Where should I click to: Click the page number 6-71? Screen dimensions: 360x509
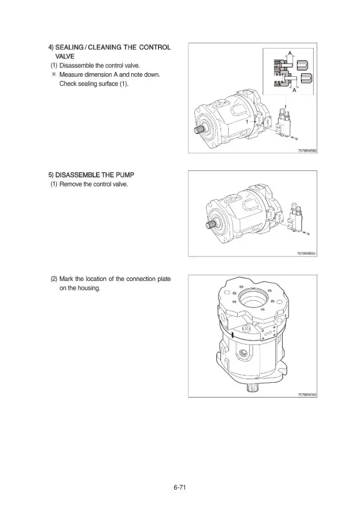point(179,487)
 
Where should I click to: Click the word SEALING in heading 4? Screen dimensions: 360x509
point(69,47)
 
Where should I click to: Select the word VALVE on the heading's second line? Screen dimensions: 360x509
point(65,56)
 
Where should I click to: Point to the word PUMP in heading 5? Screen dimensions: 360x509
point(125,175)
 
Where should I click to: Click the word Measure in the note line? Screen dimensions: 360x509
point(70,75)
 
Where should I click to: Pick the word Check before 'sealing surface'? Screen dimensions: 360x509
point(68,84)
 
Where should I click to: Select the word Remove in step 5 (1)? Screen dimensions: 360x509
point(71,184)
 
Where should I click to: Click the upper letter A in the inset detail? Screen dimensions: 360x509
point(290,52)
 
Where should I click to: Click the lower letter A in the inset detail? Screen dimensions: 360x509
point(294,90)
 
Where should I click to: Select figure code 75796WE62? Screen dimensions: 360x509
point(307,151)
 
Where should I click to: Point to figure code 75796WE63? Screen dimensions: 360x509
point(307,253)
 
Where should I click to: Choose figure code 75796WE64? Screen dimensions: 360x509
point(307,395)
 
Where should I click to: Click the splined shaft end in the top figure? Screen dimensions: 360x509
point(199,130)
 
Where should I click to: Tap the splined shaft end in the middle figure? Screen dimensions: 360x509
point(211,224)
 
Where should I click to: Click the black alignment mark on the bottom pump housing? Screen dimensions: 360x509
point(233,335)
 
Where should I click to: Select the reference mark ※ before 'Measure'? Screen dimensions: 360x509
point(54,75)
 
